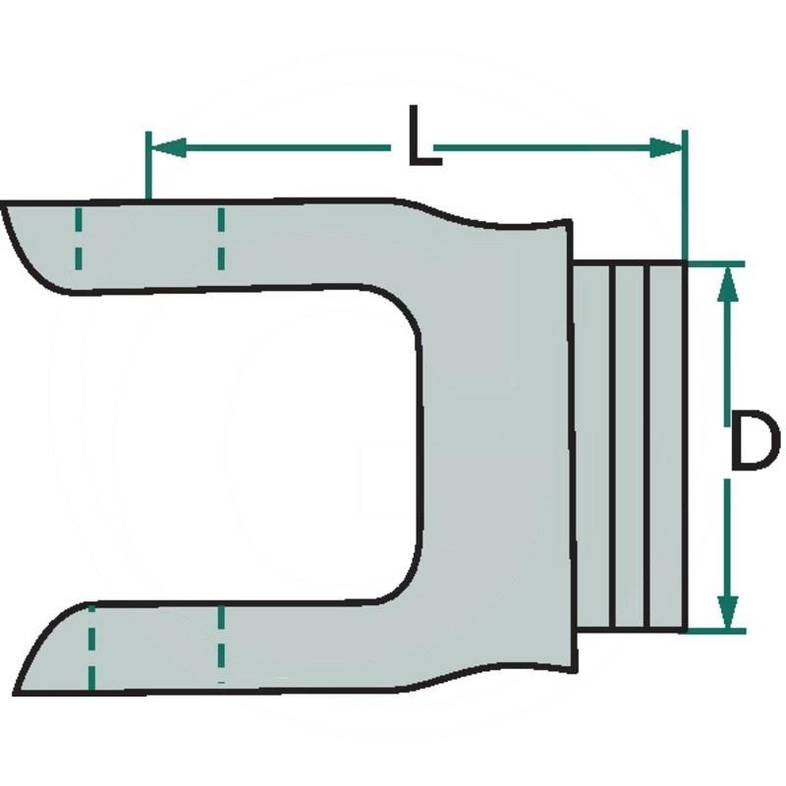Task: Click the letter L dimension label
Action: coord(424,136)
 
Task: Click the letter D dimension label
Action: coord(755,440)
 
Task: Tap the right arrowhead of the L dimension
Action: coord(666,147)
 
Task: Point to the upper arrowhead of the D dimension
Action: coord(728,284)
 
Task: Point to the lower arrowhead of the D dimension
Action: coord(728,611)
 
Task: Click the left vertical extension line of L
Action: coord(148,165)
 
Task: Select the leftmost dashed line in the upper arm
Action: coord(79,239)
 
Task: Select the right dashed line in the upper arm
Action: coord(221,239)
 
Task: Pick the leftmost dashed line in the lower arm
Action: coord(91,647)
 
